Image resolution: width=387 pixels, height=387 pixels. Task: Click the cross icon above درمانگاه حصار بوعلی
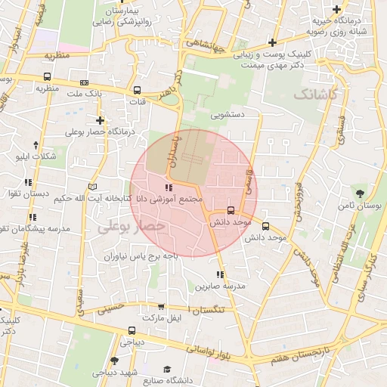pyautogui.click(x=100, y=120)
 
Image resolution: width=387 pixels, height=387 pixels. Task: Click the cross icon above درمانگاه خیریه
pyautogui.click(x=336, y=9)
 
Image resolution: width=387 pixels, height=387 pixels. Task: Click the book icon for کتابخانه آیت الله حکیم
pyautogui.click(x=93, y=187)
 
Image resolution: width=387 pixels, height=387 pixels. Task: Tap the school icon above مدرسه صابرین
pyautogui.click(x=220, y=275)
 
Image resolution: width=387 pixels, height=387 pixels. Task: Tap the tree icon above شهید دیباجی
pyautogui.click(x=114, y=361)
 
